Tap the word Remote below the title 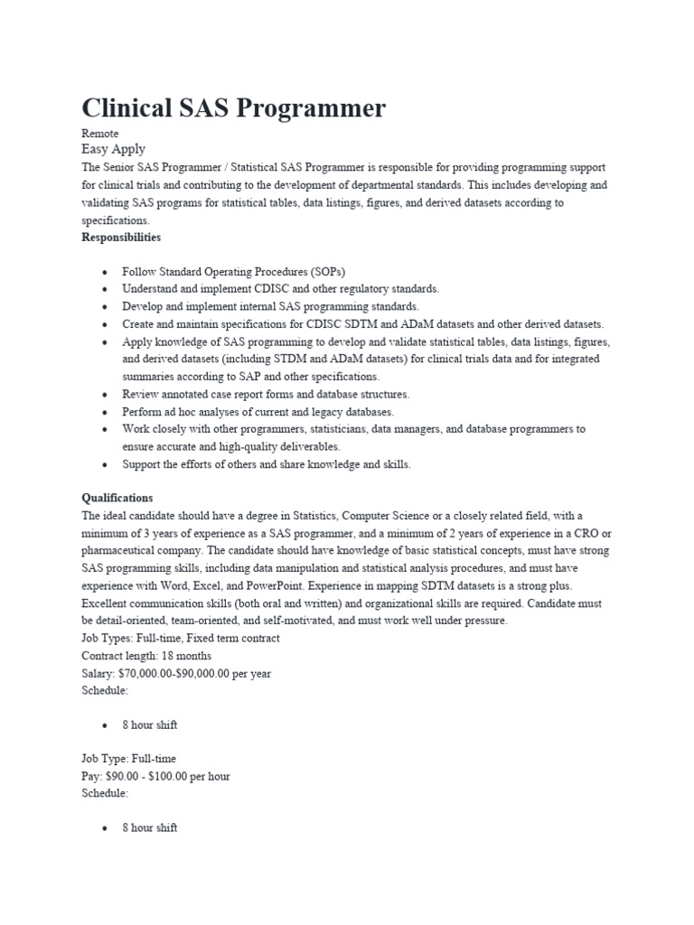[x=99, y=133]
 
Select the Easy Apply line [x=113, y=149]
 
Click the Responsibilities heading [x=121, y=237]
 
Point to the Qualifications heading [x=117, y=498]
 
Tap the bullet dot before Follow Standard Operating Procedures [x=106, y=272]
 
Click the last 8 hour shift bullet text [x=150, y=827]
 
